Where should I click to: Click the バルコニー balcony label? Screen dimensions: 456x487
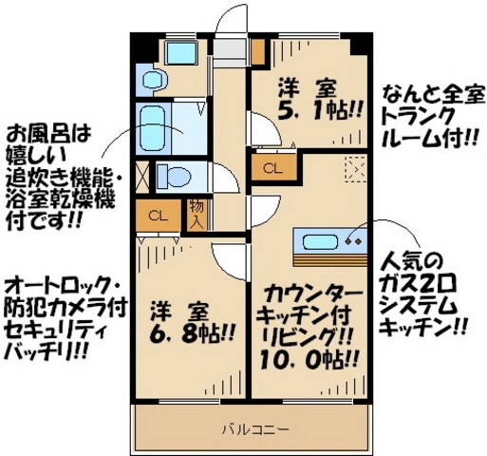tap(250, 428)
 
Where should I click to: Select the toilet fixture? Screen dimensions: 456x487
tap(177, 176)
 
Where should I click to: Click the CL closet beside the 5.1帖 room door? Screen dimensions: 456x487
tap(272, 170)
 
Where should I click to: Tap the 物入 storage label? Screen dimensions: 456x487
tap(197, 214)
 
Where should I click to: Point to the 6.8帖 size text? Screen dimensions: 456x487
tap(187, 334)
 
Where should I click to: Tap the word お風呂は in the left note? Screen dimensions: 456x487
tap(39, 131)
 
